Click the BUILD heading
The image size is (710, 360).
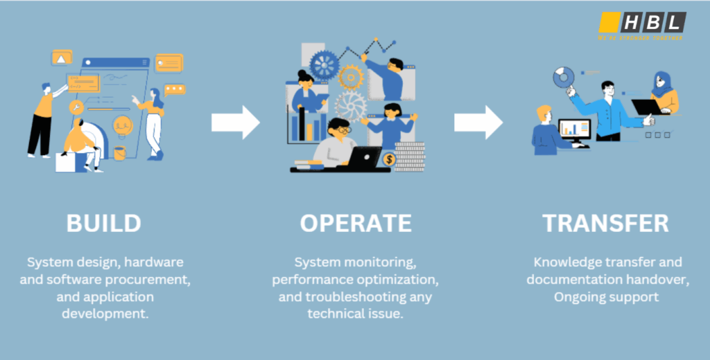(x=104, y=223)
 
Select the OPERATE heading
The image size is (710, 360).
(x=355, y=223)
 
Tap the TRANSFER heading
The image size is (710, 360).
(x=605, y=223)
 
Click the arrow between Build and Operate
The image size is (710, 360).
(x=235, y=123)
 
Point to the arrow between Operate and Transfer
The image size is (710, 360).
(x=478, y=123)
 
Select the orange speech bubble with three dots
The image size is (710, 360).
(x=175, y=89)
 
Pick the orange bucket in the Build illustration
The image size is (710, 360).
(x=120, y=153)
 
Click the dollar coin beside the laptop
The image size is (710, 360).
(x=389, y=160)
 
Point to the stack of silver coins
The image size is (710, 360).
(x=410, y=156)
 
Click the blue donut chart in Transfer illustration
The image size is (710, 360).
(x=565, y=76)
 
